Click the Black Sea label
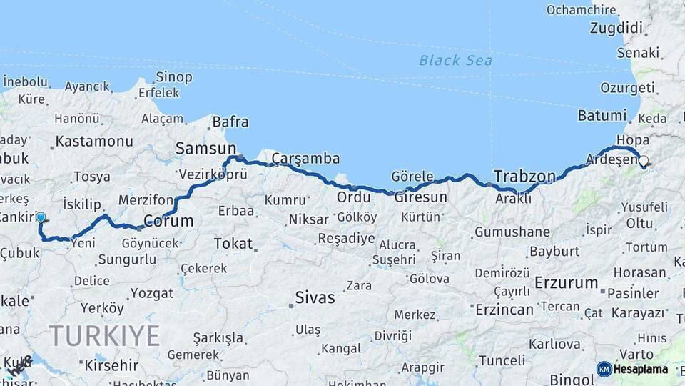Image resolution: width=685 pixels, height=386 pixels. tap(455, 61)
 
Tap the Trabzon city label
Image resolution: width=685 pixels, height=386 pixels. tap(524, 176)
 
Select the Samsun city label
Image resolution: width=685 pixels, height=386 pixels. tap(200, 148)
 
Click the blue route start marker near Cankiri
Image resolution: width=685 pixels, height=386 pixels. tap(41, 217)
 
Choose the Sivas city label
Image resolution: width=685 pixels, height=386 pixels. tap(315, 297)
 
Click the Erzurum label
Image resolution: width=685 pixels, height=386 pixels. tap(566, 282)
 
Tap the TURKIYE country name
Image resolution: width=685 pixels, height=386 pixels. tap(104, 335)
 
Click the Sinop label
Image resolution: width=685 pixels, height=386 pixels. tap(174, 76)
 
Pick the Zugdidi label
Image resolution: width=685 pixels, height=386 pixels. tap(616, 28)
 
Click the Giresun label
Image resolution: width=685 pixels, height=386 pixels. tap(426, 197)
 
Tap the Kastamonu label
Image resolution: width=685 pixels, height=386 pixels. tap(94, 141)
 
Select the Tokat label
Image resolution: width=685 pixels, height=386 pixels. tap(233, 244)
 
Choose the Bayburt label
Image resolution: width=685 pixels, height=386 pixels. tap(556, 251)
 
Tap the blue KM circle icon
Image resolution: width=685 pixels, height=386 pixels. tap(604, 369)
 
